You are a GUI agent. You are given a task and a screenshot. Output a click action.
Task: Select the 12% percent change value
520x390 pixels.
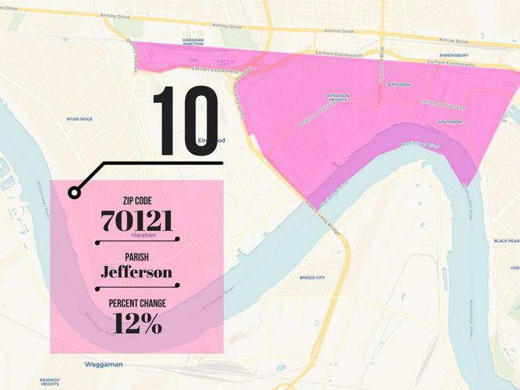pyautogui.click(x=137, y=323)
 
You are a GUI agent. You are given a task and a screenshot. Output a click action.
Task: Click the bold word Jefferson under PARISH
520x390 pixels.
pyautogui.click(x=137, y=271)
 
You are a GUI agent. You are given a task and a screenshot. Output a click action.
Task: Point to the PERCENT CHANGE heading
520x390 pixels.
pyautogui.click(x=137, y=303)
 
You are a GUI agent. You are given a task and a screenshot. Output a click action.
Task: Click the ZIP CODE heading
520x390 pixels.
pyautogui.click(x=137, y=201)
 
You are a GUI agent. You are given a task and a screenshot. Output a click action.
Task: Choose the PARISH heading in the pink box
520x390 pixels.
pyautogui.click(x=137, y=257)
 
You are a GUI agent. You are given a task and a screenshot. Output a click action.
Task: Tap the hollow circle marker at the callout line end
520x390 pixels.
pyautogui.click(x=74, y=192)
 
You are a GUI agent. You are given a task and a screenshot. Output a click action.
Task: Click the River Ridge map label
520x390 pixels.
pyautogui.click(x=80, y=119)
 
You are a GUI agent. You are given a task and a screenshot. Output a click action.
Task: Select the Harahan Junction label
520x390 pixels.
pyautogui.click(x=193, y=42)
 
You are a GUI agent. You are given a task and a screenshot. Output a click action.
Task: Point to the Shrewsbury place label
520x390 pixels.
pyautogui.click(x=454, y=55)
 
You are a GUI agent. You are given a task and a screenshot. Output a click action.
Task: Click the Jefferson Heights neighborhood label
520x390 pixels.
pyautogui.click(x=338, y=98)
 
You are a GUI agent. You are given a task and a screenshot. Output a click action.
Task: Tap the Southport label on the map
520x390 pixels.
pyautogui.click(x=450, y=122)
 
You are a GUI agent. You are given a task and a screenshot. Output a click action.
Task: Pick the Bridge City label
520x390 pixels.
pyautogui.click(x=312, y=278)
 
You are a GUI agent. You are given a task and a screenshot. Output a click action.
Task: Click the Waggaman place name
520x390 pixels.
pyautogui.click(x=104, y=364)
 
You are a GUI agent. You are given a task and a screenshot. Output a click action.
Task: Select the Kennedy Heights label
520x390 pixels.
pyautogui.click(x=50, y=382)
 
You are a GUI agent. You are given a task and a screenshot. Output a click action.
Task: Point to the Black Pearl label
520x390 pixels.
pyautogui.click(x=507, y=241)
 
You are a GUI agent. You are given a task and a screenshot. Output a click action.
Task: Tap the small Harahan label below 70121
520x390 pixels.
pyautogui.click(x=144, y=235)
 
